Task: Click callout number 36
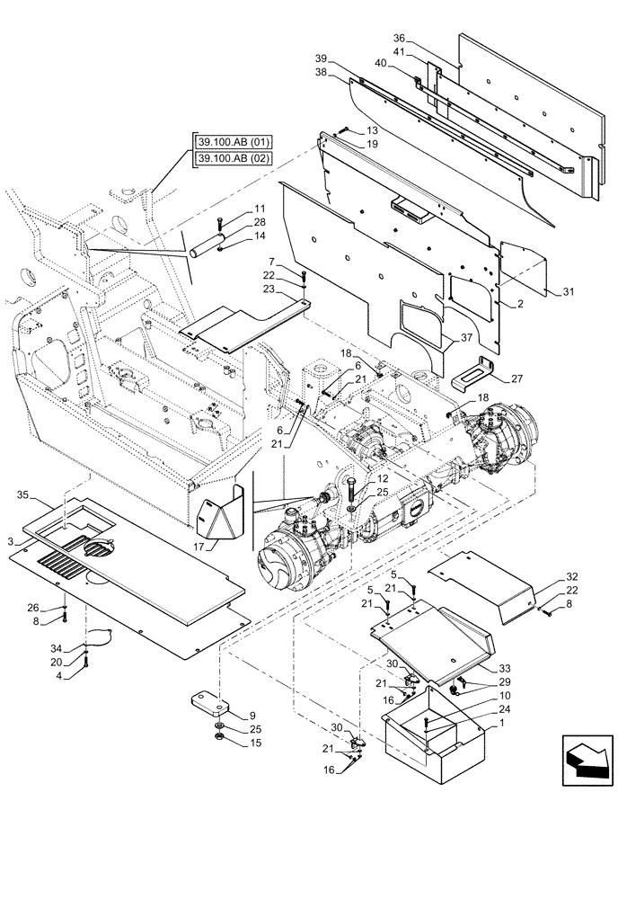401,39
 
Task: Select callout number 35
24,494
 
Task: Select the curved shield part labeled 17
222,512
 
